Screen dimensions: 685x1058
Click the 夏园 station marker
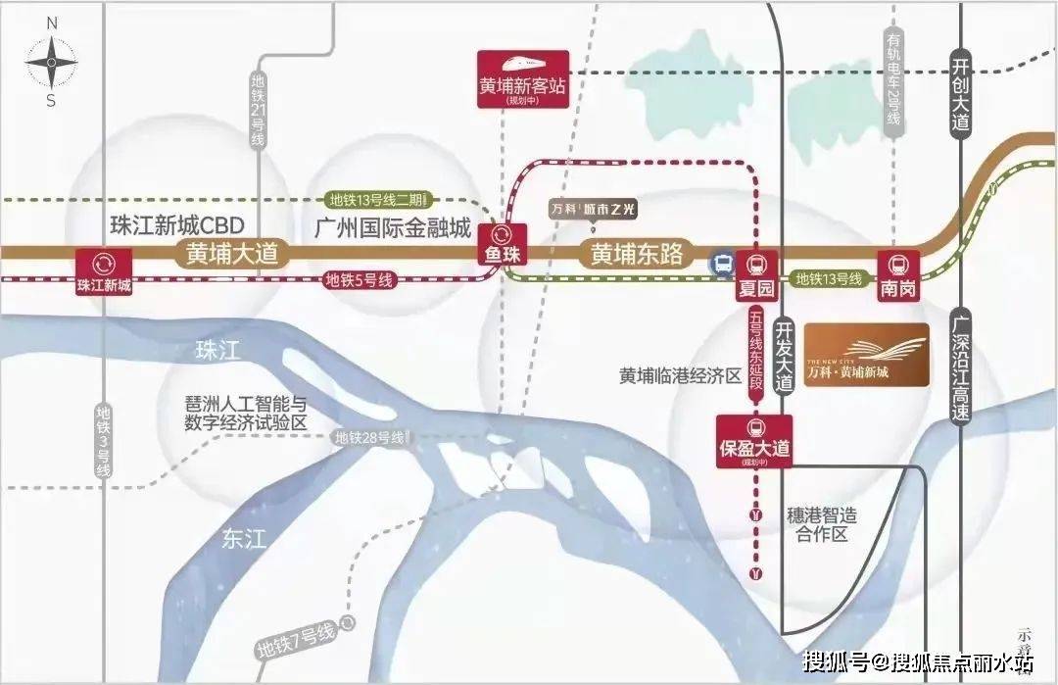click(x=755, y=273)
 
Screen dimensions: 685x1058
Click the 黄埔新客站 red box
click(x=521, y=77)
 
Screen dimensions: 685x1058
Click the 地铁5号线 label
click(x=360, y=280)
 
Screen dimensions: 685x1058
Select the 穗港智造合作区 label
click(x=822, y=524)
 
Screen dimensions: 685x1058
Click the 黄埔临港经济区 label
click(x=680, y=376)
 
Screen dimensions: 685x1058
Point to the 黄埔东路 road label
click(x=636, y=253)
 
